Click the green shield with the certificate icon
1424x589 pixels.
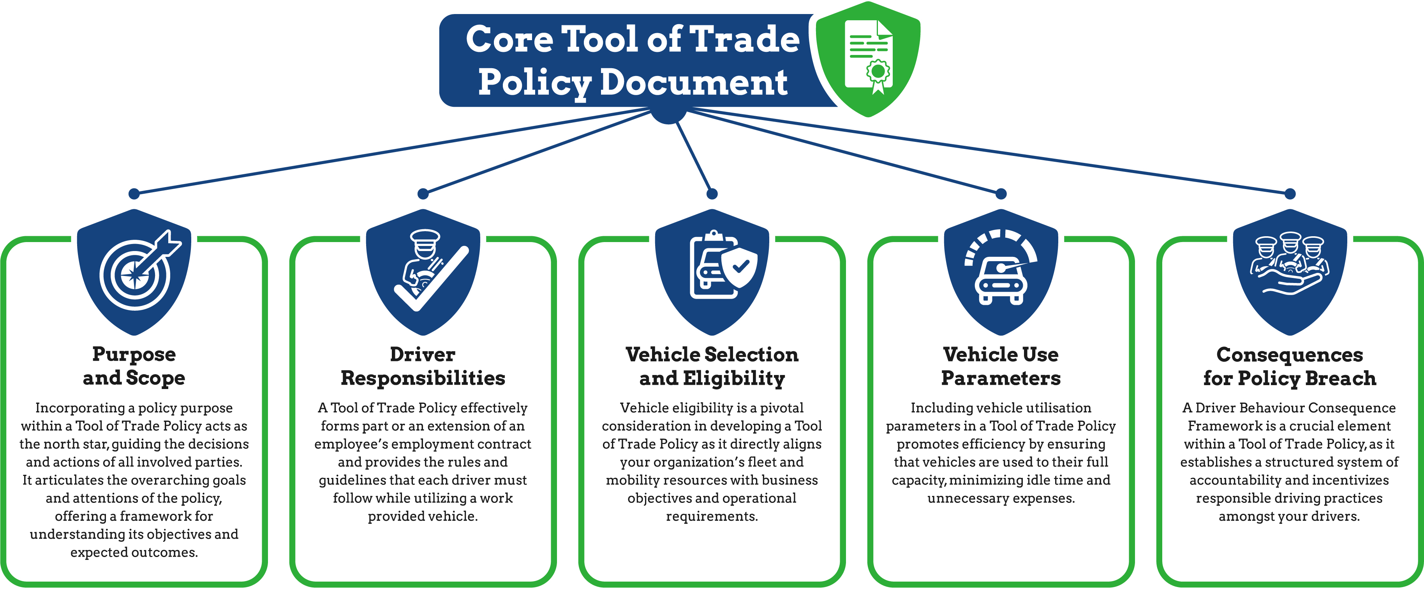click(x=868, y=58)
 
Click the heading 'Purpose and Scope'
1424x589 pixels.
click(x=134, y=366)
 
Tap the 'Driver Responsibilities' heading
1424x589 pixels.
click(x=423, y=366)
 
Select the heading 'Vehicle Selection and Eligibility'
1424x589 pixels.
click(x=712, y=366)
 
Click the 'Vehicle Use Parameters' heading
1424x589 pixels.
click(x=1001, y=366)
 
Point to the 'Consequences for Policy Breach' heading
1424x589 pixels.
click(x=1290, y=366)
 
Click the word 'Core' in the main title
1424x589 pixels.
click(x=509, y=39)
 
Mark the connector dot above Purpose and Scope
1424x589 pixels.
click(x=134, y=194)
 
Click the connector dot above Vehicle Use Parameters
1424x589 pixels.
click(x=1001, y=194)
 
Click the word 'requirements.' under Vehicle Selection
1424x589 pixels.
click(x=712, y=516)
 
